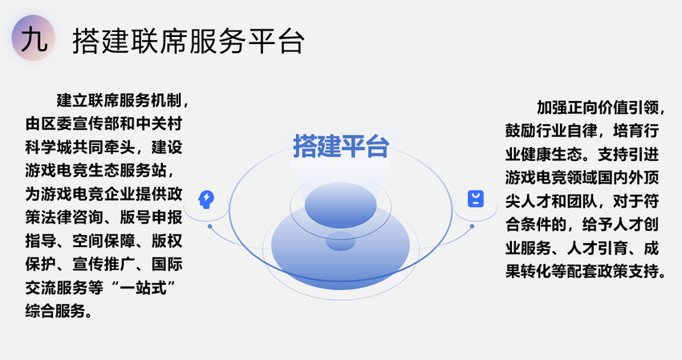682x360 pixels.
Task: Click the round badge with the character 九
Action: tap(34, 38)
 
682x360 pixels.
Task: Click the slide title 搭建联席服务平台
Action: tap(189, 42)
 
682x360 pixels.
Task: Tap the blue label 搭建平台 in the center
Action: tap(340, 146)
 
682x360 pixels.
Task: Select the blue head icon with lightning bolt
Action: tap(205, 200)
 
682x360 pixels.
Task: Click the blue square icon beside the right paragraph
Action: tap(476, 199)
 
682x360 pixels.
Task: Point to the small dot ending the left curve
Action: tap(209, 227)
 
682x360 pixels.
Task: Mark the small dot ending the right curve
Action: tap(472, 227)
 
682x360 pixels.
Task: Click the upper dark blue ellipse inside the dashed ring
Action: tap(340, 205)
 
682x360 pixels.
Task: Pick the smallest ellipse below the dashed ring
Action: tap(340, 241)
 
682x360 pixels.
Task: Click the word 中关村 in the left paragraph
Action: tap(159, 124)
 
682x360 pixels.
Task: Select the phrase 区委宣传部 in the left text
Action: tap(80, 124)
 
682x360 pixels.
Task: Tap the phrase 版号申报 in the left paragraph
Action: tap(151, 217)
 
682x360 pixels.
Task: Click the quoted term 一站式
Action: tap(143, 288)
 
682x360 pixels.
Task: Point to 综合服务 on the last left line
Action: tap(56, 311)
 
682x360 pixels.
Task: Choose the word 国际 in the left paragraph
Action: tap(167, 265)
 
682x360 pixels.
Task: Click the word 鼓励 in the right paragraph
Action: tap(521, 131)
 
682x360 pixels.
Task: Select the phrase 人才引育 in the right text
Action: tap(598, 249)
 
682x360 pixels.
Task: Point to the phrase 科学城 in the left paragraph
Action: tap(49, 148)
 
